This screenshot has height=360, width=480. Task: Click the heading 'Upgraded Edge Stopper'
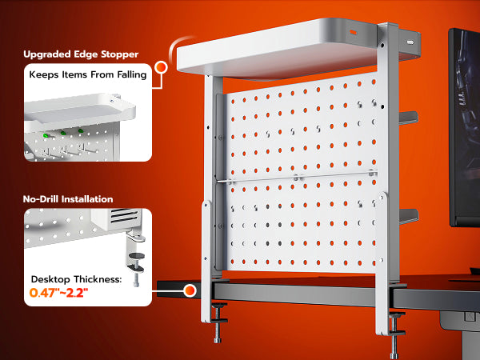(x=81, y=54)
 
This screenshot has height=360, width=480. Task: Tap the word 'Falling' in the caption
(x=132, y=74)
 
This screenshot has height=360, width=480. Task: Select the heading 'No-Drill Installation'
(x=68, y=199)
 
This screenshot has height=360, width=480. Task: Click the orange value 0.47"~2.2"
(x=58, y=293)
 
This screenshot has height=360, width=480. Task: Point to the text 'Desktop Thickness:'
(x=76, y=279)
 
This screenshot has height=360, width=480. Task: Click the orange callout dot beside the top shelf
(x=161, y=67)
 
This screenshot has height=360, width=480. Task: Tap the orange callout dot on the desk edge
(x=190, y=290)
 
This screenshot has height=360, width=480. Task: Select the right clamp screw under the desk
(x=395, y=335)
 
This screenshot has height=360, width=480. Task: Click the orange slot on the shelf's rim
(x=354, y=32)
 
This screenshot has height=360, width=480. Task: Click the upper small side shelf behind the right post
(x=408, y=118)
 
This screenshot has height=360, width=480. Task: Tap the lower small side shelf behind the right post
(x=408, y=216)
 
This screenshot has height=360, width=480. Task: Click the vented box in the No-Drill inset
(x=117, y=218)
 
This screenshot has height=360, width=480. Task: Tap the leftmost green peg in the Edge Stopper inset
(x=46, y=135)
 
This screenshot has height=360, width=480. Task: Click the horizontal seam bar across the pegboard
(x=296, y=178)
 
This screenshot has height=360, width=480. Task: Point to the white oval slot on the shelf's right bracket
(x=410, y=42)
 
